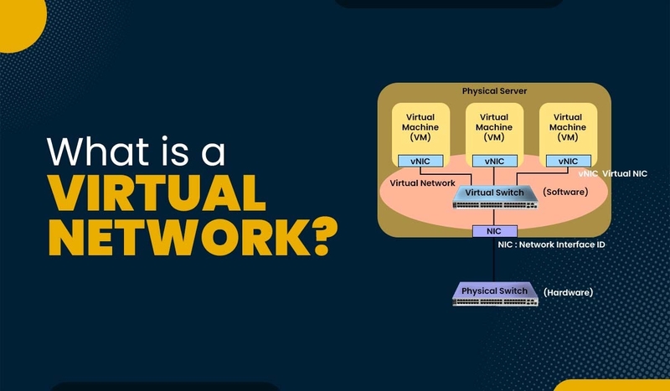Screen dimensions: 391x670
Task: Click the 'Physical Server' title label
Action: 495,90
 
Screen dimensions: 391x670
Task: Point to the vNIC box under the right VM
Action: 567,161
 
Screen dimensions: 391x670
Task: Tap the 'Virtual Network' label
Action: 423,183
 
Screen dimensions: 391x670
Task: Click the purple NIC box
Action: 493,230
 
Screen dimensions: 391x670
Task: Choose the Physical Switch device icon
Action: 494,293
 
